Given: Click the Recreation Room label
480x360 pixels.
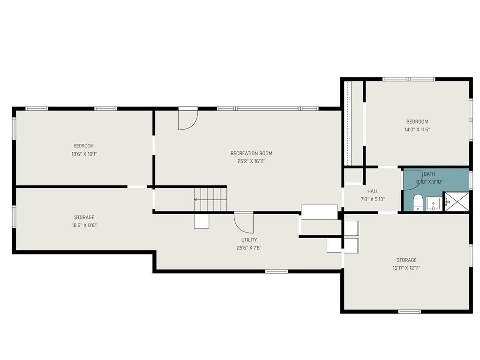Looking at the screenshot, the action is (x=251, y=153).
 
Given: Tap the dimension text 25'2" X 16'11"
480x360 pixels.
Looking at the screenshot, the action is (x=251, y=161).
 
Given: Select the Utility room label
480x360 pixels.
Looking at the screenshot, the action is (x=249, y=240).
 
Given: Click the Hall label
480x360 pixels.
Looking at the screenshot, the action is (x=373, y=191).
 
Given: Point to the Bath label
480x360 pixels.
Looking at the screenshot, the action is (x=429, y=174).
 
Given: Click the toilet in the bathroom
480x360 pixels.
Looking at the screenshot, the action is (x=418, y=202).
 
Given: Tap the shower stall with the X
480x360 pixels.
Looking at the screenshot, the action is (x=457, y=202).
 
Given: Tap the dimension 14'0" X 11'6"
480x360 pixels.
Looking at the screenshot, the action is (x=417, y=129).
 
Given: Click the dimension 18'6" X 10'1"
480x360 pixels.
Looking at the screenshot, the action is (x=84, y=154).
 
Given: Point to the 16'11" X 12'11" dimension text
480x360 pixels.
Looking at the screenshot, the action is (x=406, y=268).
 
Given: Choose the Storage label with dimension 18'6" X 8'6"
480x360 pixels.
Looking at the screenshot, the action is (x=84, y=217).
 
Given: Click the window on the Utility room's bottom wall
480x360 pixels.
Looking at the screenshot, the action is (x=277, y=271).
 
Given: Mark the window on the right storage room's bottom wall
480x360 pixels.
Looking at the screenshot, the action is (x=410, y=312).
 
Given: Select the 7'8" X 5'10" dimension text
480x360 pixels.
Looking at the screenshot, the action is (x=373, y=199).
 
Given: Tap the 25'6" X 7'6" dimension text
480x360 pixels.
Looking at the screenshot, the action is (x=249, y=248).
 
